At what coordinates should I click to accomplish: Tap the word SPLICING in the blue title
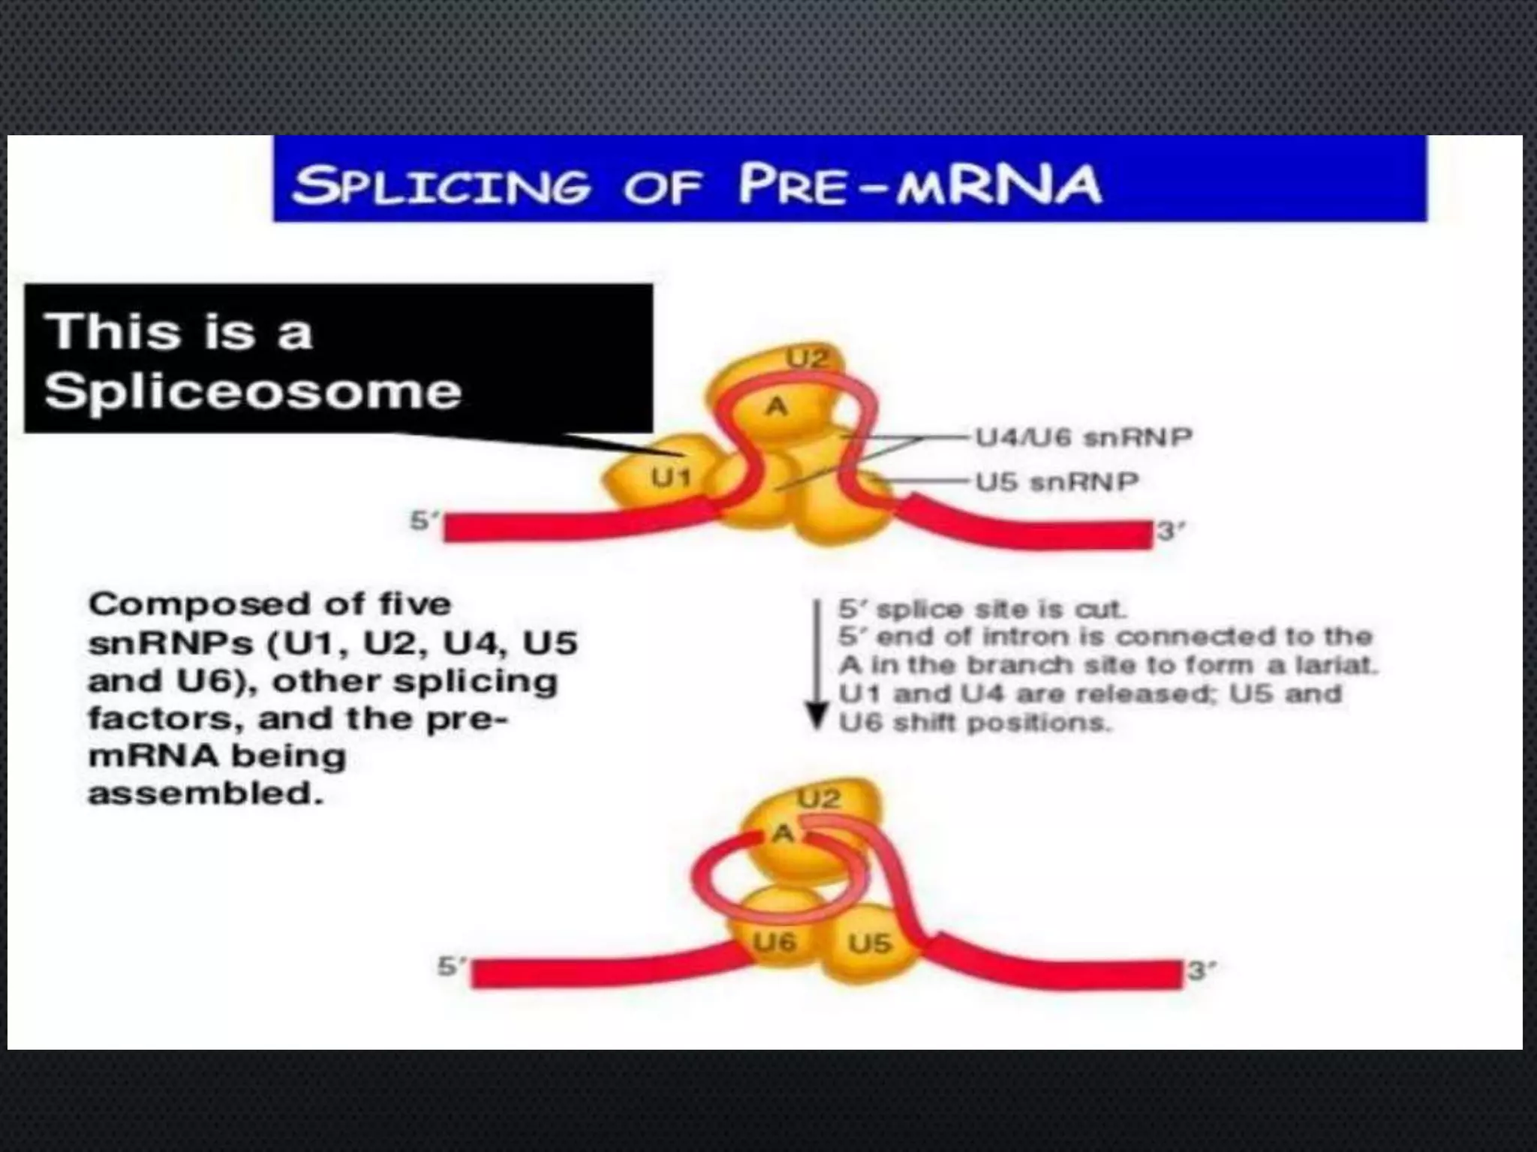tap(441, 185)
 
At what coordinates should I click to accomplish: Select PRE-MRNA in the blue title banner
tap(919, 184)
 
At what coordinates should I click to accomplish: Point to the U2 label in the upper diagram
tap(807, 358)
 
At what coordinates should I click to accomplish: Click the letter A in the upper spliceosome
tap(776, 406)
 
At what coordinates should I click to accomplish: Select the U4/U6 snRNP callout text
tap(1083, 436)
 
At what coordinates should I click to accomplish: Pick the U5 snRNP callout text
tap(1057, 481)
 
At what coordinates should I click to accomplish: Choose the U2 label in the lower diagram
tap(818, 799)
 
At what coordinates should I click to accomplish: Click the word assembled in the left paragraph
tap(205, 793)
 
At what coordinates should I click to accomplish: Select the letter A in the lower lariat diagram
tap(783, 833)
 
